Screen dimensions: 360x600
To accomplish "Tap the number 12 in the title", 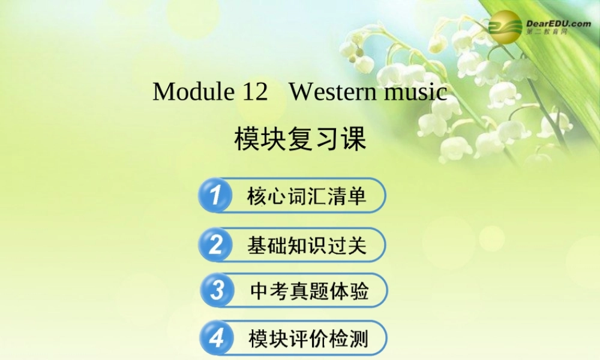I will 255,92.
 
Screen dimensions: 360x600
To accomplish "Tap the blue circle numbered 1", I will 215,195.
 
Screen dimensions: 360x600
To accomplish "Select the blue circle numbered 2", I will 215,244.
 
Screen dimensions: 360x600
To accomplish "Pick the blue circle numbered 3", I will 217,291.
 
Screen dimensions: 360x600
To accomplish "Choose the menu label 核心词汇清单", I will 307,196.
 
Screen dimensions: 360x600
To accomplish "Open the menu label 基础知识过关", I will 307,245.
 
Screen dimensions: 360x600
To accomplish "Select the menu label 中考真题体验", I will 309,292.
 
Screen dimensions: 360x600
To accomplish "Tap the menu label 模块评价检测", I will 308,338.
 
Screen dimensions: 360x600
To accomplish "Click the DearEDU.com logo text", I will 558,23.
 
